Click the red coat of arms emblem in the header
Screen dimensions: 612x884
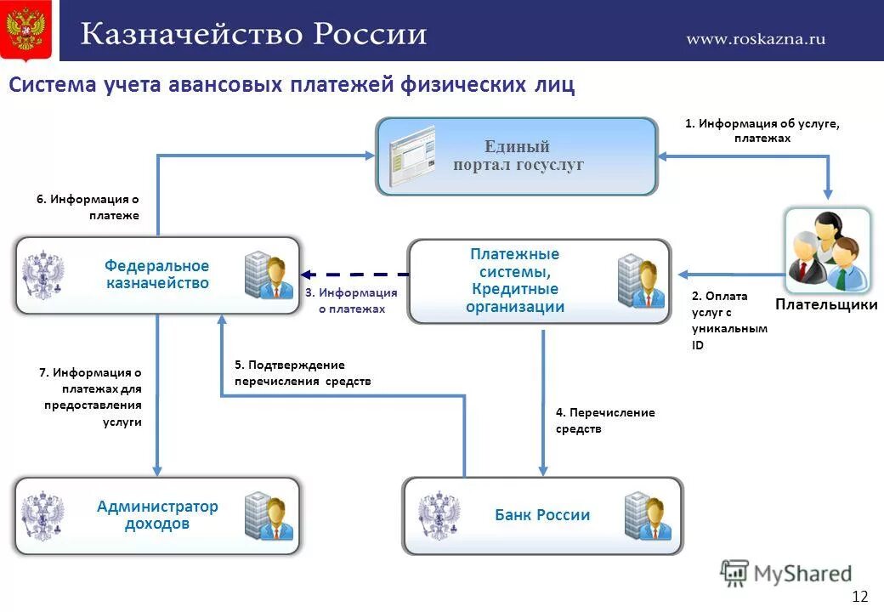tap(25, 30)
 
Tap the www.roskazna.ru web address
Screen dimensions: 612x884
tap(756, 38)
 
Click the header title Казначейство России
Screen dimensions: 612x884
tap(253, 35)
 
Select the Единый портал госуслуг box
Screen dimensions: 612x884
tap(517, 156)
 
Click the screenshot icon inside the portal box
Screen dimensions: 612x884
tap(411, 156)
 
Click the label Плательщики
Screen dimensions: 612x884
tap(826, 304)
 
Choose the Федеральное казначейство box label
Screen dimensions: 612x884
tap(157, 275)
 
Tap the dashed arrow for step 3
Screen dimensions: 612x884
tap(355, 275)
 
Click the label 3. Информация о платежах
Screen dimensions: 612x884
tap(352, 301)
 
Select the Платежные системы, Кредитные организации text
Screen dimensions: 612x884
tap(515, 280)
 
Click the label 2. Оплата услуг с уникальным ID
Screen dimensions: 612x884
tap(728, 320)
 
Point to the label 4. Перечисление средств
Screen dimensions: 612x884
tap(604, 421)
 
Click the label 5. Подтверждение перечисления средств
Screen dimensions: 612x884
tap(303, 373)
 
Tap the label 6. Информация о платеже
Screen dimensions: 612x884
tap(88, 207)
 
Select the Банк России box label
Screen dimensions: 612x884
tap(542, 515)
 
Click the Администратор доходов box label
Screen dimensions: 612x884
tap(157, 515)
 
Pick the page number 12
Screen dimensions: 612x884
tap(860, 595)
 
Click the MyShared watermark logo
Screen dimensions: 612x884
tap(786, 574)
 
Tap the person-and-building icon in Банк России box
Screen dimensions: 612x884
tap(648, 516)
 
